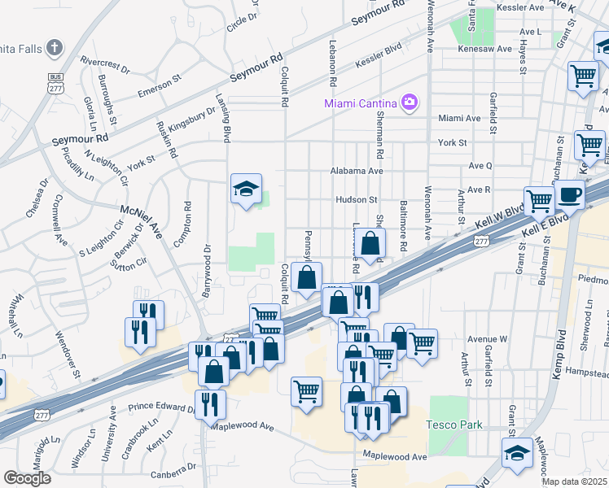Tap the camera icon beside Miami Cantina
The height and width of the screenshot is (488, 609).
click(x=409, y=102)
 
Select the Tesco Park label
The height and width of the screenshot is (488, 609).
click(x=454, y=425)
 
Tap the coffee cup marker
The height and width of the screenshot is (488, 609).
click(x=568, y=195)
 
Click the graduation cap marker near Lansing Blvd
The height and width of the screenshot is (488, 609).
click(x=246, y=190)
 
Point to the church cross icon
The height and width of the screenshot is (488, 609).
click(x=55, y=47)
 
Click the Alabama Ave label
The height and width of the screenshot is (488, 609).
click(x=356, y=172)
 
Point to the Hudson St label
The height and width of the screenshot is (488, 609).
click(x=356, y=199)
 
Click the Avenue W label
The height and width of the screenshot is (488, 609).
click(x=487, y=338)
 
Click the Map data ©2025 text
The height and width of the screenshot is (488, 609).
click(x=575, y=481)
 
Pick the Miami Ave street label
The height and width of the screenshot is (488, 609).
click(x=459, y=118)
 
